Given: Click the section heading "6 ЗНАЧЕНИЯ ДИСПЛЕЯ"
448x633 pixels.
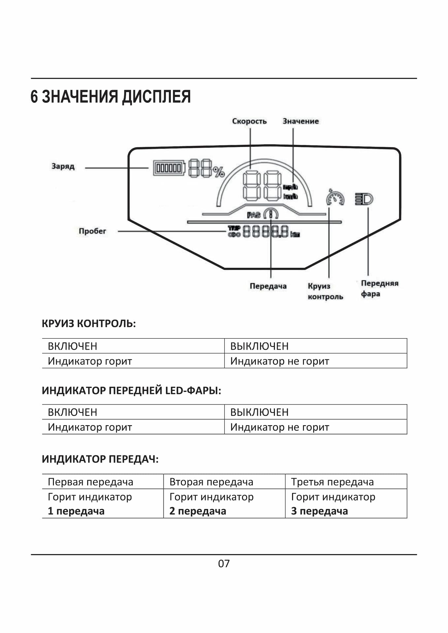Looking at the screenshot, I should pos(111,97).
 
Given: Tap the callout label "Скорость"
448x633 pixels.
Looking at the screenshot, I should pos(249,121).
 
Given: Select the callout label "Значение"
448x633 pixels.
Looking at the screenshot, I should pos(301,121).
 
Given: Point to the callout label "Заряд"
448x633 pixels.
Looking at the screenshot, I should pos(63,166).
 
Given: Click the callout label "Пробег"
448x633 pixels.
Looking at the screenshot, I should pos(92,231).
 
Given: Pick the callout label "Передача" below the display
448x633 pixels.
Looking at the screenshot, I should pos(268,286).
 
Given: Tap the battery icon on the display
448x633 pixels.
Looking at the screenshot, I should pos(169,168).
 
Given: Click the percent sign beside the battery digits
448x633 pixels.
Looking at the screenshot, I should pos(219,172).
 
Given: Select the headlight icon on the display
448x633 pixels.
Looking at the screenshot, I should pos(364,199).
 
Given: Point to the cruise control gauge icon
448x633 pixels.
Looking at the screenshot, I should pos(335,198).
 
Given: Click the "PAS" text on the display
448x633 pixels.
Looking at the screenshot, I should pos(254,215).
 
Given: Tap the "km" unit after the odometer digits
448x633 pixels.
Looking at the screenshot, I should pos(295,234).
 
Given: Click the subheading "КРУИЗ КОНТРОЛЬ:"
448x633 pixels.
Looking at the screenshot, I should pos(89,324).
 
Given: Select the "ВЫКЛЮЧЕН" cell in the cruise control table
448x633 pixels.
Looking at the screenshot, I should pos(259,346).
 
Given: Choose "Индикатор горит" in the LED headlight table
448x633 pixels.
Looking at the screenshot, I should pos(90,427).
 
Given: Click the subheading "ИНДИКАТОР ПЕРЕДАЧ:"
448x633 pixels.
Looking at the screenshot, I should pos(100,459).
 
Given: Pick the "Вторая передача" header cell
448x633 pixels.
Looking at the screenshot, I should pos(211,482).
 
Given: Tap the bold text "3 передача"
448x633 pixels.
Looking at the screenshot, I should pos(319,511).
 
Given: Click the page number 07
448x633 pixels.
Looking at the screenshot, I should pos(224,563).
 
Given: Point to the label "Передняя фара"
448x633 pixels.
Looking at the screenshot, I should pos(379,288).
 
